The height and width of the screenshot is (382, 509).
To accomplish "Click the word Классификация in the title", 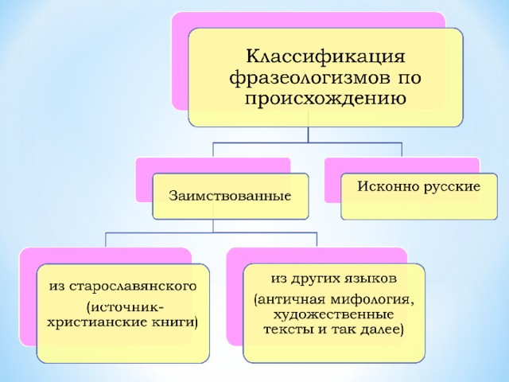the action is [325, 57].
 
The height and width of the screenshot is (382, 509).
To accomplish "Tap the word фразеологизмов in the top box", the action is [304, 79].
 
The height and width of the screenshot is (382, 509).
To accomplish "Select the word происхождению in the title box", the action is [325, 98].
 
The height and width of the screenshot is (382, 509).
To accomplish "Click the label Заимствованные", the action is [230, 196].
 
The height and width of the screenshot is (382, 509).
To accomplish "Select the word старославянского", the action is [133, 286].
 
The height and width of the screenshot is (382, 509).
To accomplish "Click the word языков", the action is [372, 279].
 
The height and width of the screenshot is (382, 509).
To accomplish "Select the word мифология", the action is [372, 300].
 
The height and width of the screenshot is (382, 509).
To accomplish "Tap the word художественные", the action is [334, 315].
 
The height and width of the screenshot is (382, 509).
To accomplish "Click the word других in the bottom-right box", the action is [317, 279].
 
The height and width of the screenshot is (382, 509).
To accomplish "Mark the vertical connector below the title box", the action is [308, 134].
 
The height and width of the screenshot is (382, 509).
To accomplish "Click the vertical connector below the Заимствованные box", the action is [213, 226].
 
